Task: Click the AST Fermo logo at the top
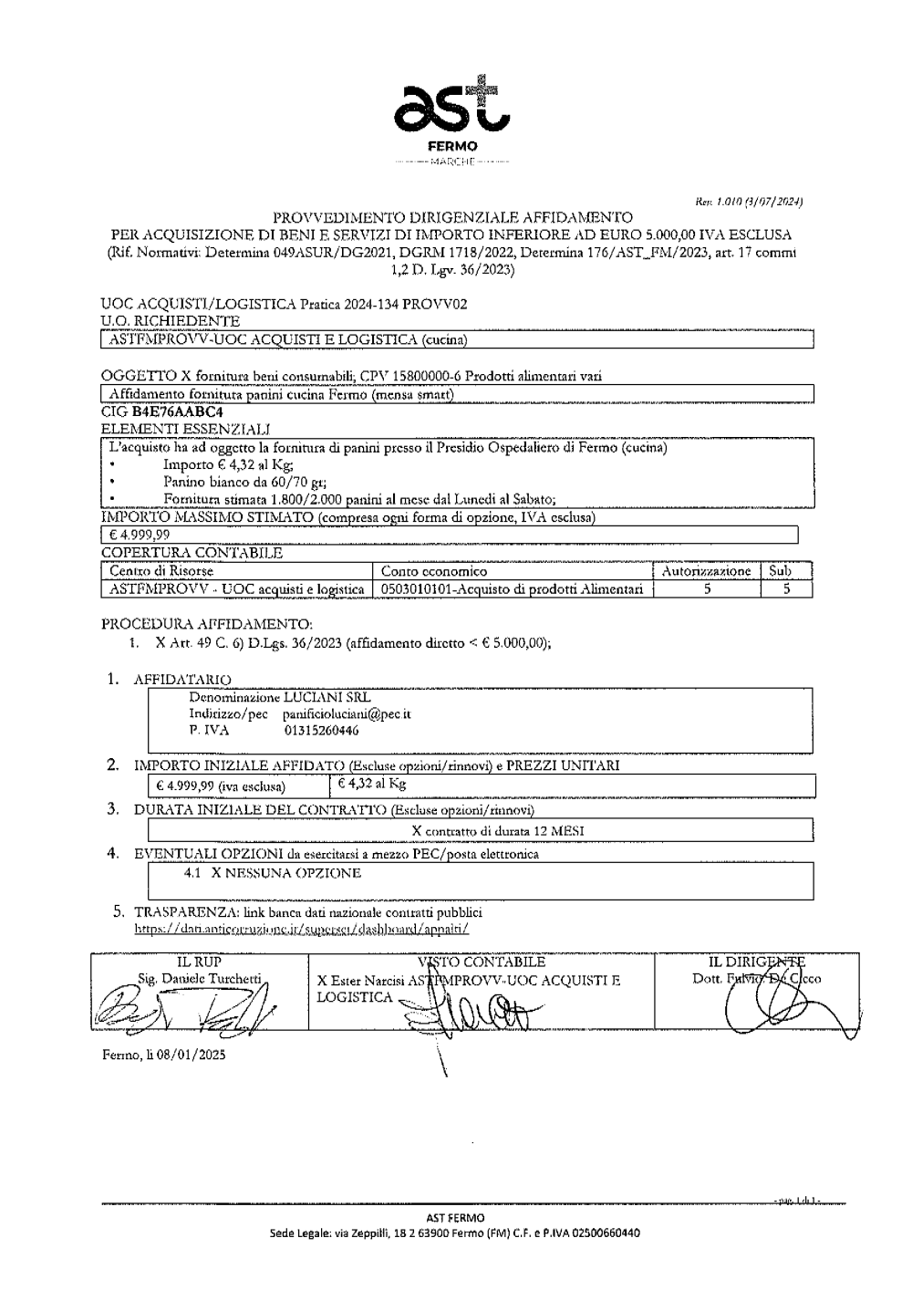tap(452, 113)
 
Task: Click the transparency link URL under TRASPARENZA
tap(302, 928)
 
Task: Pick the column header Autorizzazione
tap(706, 571)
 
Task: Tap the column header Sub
tap(780, 571)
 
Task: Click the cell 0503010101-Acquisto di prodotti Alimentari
tap(512, 589)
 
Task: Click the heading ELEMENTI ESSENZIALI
tap(185, 429)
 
